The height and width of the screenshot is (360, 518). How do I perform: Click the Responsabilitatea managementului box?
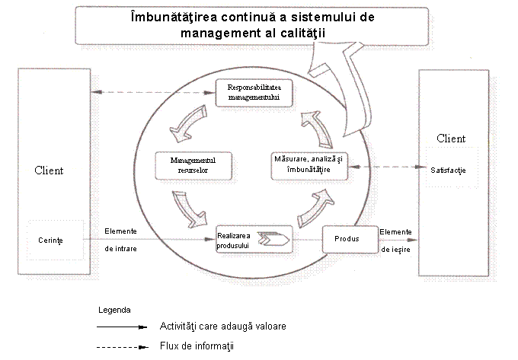tap(254, 93)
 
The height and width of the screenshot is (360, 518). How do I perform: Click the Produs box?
tap(350, 240)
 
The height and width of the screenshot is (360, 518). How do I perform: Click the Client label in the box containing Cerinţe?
tap(50, 170)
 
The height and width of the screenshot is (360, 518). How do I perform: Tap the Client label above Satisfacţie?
tap(450, 139)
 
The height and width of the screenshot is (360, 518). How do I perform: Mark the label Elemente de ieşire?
tap(396, 240)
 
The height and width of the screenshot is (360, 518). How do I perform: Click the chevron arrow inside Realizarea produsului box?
tap(273, 241)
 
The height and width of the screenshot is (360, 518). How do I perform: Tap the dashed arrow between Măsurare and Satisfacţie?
tap(384, 166)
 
